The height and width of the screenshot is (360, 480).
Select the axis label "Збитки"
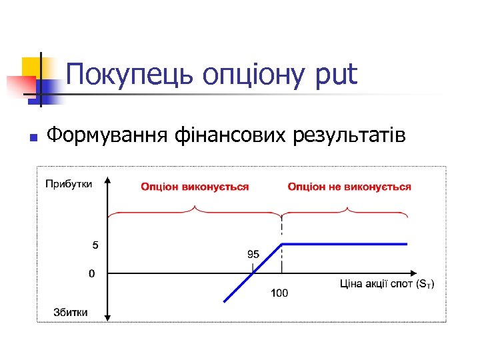[x=70, y=313]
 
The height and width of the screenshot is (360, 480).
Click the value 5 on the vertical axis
[x=95, y=245]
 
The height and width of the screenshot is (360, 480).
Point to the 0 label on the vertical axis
[x=92, y=273]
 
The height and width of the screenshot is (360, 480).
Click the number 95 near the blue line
[x=253, y=255]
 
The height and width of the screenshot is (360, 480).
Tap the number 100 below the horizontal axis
[x=279, y=293]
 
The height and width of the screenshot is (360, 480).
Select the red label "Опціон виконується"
[x=195, y=187]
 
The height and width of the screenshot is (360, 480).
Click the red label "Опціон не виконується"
[x=349, y=187]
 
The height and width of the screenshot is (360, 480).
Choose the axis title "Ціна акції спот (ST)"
[x=387, y=285]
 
